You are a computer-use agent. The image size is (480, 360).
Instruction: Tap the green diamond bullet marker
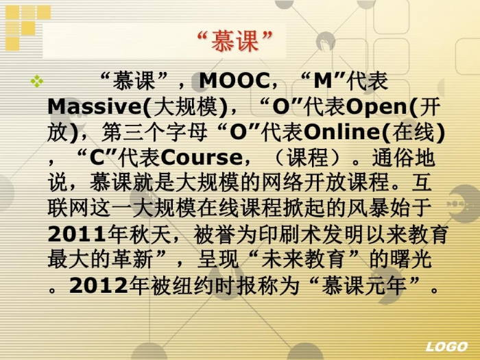[37, 81]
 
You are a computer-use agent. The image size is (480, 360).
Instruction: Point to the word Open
[379, 107]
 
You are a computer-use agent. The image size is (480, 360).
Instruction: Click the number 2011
[77, 235]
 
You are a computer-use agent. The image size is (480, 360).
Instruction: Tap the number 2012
[99, 286]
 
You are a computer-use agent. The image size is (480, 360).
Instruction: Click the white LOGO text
[446, 346]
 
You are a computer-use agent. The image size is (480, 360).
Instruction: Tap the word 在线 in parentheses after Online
[413, 132]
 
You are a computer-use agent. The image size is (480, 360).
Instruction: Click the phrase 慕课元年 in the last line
[364, 286]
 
